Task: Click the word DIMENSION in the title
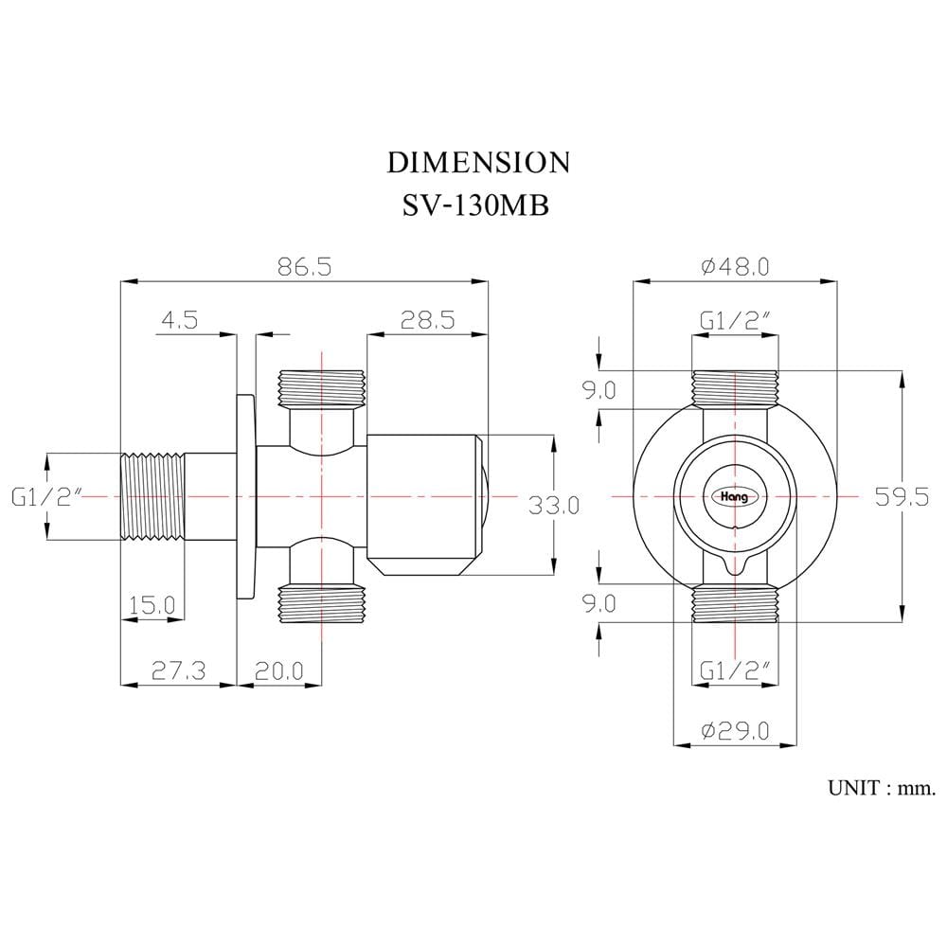[477, 163]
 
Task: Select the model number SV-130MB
[476, 205]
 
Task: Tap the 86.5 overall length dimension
[304, 266]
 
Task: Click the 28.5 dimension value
[428, 319]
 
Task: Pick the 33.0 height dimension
[553, 505]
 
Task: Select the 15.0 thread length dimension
[152, 604]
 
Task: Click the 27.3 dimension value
[178, 670]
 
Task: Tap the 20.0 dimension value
[279, 670]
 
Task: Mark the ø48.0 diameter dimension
[735, 266]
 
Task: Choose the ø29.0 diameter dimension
[735, 731]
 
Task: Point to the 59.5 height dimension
[902, 497]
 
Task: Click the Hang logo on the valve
[735, 496]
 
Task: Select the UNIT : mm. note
[882, 788]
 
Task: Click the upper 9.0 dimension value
[599, 390]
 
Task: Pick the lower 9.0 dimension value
[599, 603]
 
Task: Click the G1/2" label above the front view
[735, 321]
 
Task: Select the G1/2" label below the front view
[735, 670]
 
